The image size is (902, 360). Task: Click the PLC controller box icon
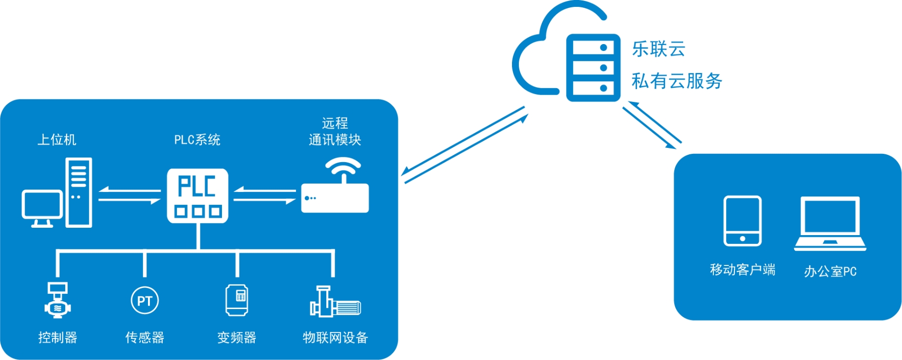click(197, 196)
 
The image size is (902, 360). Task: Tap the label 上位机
click(57, 140)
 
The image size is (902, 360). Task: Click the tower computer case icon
click(79, 192)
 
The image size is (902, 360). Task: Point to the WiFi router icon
click(335, 188)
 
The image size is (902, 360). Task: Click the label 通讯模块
click(335, 140)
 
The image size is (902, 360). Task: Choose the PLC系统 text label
click(197, 140)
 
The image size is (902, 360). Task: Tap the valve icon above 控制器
click(57, 300)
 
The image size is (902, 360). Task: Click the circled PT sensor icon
click(145, 301)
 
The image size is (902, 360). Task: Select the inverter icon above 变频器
click(237, 300)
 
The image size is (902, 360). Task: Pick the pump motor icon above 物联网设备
click(335, 302)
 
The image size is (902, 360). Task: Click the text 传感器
click(145, 337)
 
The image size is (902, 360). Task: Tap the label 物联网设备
click(335, 337)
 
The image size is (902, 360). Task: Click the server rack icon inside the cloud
click(593, 68)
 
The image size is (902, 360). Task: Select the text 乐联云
click(658, 49)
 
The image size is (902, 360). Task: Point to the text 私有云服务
click(677, 81)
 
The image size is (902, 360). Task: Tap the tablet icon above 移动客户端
click(742, 221)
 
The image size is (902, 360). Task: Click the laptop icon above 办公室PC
click(830, 223)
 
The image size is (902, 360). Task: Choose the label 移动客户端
click(742, 270)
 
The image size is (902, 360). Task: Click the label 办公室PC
click(830, 271)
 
